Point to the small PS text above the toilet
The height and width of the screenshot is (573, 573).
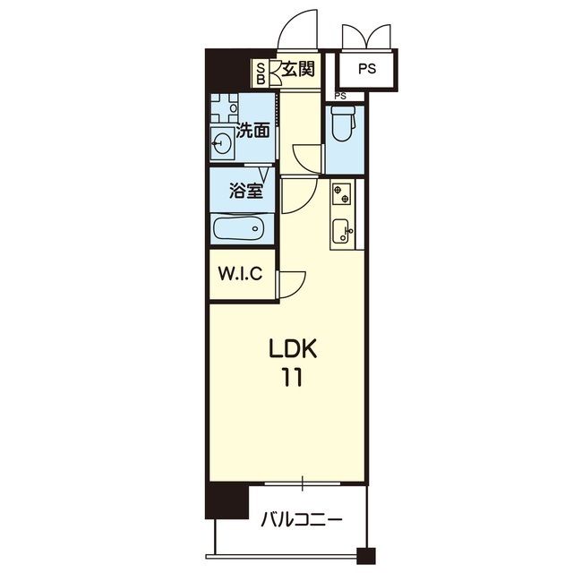point(340,96)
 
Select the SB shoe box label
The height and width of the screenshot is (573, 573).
point(261,73)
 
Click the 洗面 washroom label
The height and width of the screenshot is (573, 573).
point(252,130)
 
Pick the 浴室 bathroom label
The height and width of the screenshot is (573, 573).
point(245,191)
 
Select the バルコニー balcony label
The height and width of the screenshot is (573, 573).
point(301,519)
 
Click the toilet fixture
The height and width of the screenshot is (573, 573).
point(342,124)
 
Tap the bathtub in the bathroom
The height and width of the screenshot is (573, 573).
point(240,229)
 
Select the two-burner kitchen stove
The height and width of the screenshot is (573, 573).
point(341,192)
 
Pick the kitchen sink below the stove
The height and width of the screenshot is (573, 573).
point(341,232)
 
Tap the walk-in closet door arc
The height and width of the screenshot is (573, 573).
point(292,286)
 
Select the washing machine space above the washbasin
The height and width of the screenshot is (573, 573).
point(224,108)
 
